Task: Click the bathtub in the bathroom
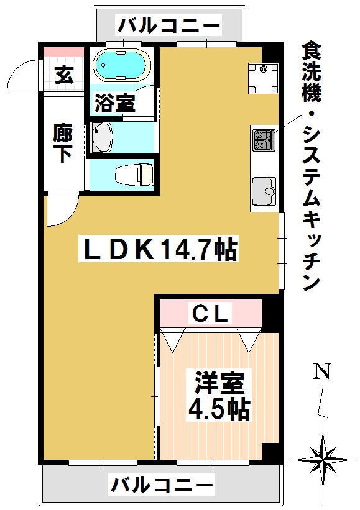tap(122, 66)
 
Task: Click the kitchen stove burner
tap(263, 140)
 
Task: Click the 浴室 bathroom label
tap(114, 103)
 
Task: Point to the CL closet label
tap(211, 312)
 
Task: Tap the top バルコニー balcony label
tap(169, 26)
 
